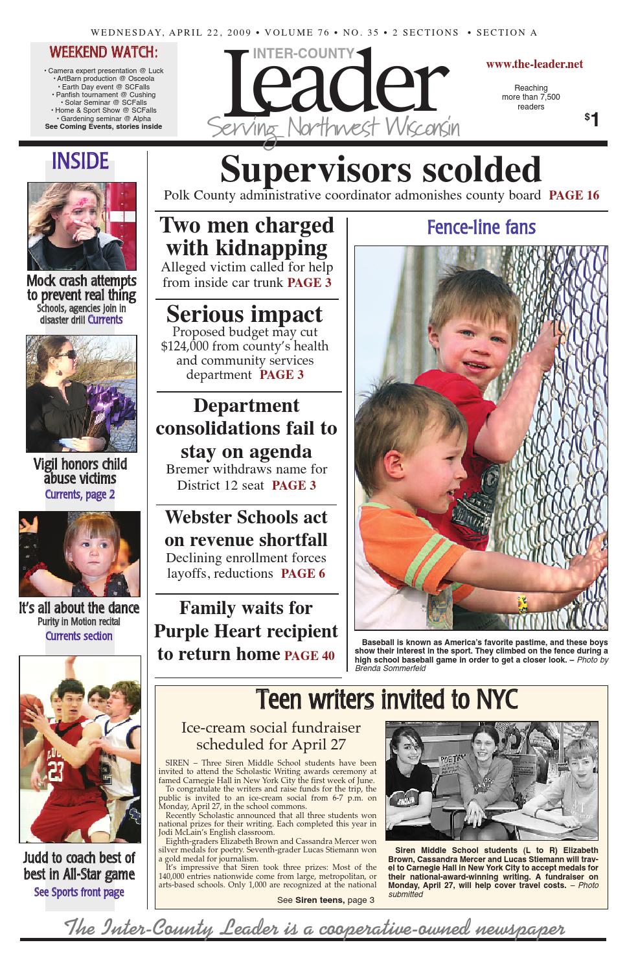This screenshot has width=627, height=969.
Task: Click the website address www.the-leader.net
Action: click(x=534, y=64)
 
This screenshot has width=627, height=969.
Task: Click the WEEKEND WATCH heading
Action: click(x=104, y=52)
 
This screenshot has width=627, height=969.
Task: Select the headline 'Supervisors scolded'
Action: click(x=381, y=170)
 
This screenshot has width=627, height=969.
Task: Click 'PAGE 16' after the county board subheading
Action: click(x=574, y=196)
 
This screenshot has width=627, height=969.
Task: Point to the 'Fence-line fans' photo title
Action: click(x=481, y=227)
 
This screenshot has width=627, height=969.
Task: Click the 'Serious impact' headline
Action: click(x=244, y=314)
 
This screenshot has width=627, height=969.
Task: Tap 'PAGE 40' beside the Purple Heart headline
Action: click(x=310, y=656)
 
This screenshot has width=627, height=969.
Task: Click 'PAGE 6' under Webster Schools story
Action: click(x=303, y=574)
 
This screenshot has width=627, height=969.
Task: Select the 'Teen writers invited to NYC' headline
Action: click(x=387, y=700)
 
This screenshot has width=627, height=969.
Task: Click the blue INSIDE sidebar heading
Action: click(x=80, y=161)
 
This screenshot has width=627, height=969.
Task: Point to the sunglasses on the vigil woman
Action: click(x=65, y=355)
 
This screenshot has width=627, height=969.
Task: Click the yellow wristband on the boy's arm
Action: click(x=521, y=604)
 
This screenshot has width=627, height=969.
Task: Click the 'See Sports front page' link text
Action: click(x=79, y=893)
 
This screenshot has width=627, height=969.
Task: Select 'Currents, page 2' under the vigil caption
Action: click(x=80, y=495)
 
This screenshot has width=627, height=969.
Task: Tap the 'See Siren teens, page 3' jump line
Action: click(x=325, y=900)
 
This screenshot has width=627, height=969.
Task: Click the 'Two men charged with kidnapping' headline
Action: click(x=247, y=236)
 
